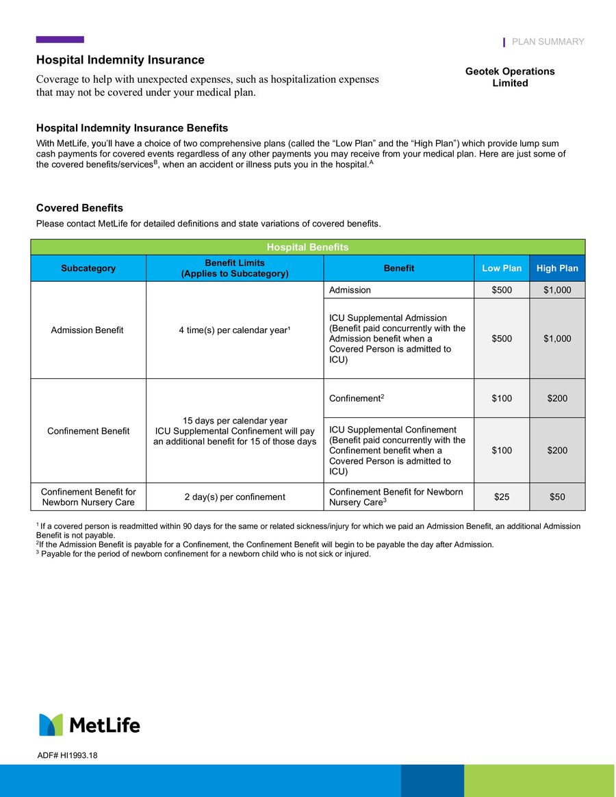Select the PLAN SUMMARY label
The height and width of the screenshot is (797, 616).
click(548, 42)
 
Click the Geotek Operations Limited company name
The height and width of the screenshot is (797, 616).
click(510, 77)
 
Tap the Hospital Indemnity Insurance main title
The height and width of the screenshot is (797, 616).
click(120, 60)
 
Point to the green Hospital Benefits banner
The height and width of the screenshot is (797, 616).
click(307, 247)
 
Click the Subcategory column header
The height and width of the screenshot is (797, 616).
click(88, 268)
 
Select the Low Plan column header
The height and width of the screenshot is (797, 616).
click(502, 268)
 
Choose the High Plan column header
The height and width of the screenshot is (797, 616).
click(557, 268)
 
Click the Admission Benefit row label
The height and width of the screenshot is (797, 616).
click(88, 330)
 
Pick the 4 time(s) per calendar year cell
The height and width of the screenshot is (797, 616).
click(234, 330)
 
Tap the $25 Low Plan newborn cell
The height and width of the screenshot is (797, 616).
click(502, 497)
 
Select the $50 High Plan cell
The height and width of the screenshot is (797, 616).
click(557, 497)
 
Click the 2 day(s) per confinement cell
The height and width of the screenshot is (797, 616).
click(234, 497)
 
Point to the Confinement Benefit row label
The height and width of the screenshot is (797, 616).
click(88, 431)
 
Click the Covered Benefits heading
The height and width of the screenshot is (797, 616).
click(79, 208)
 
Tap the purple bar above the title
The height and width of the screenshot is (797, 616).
click(60, 40)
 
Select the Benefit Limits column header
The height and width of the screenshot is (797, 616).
click(234, 268)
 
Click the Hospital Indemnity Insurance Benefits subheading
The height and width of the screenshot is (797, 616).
click(132, 128)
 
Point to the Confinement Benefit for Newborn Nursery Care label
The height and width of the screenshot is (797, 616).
click(88, 497)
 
